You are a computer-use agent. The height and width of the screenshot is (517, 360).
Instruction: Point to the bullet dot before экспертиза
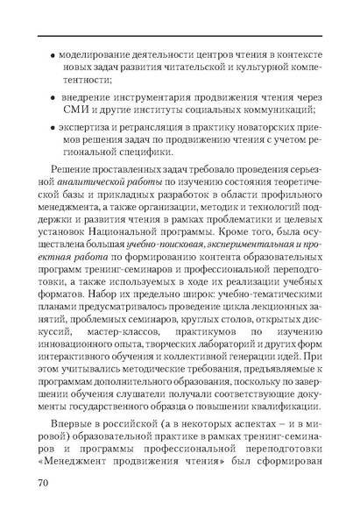[x=53, y=128]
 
